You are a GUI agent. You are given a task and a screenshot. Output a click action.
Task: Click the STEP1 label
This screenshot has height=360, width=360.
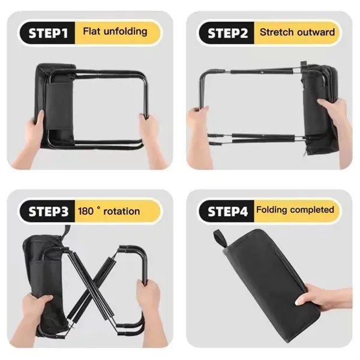48,33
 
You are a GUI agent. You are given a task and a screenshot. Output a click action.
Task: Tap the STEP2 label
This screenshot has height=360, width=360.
227,33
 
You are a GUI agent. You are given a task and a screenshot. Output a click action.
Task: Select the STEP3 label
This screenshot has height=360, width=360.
49,211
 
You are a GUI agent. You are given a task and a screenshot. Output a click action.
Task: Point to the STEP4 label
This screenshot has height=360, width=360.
227,211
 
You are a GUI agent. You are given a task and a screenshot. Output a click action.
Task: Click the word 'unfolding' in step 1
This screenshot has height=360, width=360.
125,31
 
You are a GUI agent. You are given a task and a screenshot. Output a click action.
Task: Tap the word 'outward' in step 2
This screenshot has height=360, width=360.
313,32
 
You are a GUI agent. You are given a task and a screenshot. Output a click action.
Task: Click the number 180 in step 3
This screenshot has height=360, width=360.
85,211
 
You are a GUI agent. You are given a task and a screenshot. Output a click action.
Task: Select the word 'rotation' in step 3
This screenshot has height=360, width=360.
121,211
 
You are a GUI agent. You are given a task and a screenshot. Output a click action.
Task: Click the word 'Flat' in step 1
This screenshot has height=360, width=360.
92,31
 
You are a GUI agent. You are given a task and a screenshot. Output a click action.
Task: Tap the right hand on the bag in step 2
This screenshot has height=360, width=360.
335,124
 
